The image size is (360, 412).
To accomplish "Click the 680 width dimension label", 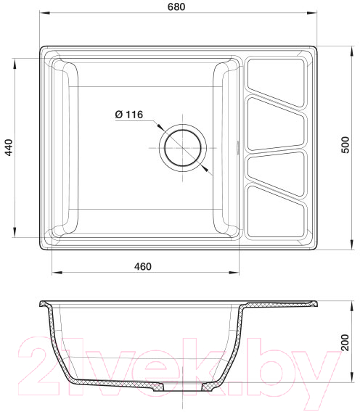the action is click(176, 7).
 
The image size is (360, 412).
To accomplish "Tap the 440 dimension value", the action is click(9, 148).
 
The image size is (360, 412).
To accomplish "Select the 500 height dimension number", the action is click(345, 145).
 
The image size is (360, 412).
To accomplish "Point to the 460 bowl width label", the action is click(143, 266).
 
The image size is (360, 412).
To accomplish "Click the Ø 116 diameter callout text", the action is click(129, 115).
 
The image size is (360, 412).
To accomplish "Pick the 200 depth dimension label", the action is click(345, 342).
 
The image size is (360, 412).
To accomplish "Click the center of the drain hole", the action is click(183, 148).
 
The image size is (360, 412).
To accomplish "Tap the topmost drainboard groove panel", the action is click(276, 82).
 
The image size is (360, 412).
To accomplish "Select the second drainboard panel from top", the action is click(276, 124).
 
